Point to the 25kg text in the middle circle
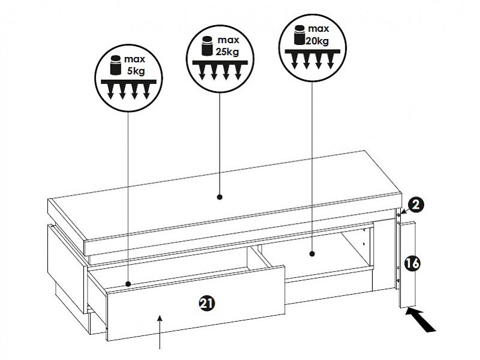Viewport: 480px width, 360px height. (x=227, y=50)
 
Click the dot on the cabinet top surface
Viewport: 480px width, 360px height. (x=220, y=196)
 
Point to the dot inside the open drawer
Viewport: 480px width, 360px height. (x=129, y=283)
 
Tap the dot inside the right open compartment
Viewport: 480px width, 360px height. (x=312, y=254)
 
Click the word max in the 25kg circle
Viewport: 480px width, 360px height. (x=229, y=40)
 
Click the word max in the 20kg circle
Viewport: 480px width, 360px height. (x=319, y=29)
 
